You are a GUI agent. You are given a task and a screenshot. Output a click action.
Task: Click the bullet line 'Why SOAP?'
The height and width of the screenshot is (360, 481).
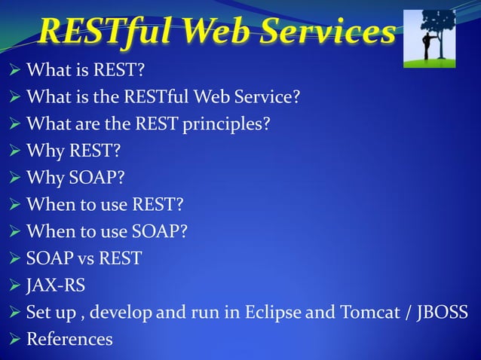73,178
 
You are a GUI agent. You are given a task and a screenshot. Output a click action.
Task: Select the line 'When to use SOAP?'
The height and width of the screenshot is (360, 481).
106,231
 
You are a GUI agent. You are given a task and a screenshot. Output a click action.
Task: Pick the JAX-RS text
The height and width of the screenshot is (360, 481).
56,285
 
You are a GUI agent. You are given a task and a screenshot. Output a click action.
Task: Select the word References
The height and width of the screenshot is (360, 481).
69,340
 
